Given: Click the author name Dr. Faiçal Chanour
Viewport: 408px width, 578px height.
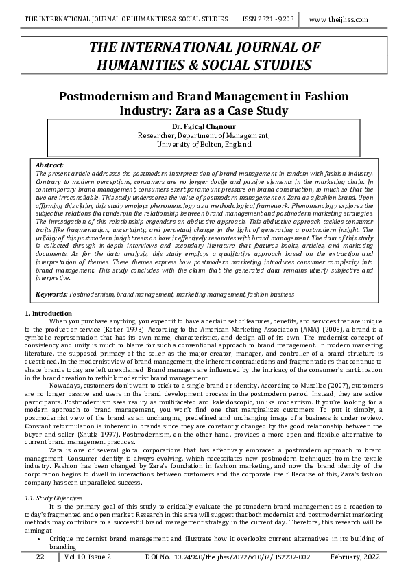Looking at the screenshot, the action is point(204,126).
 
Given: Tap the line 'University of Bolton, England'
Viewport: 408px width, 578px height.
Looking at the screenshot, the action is point(204,145).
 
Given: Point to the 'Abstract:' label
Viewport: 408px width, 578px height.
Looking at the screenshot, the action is point(49,165).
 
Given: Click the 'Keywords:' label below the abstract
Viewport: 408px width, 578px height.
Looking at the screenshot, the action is point(51,294).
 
